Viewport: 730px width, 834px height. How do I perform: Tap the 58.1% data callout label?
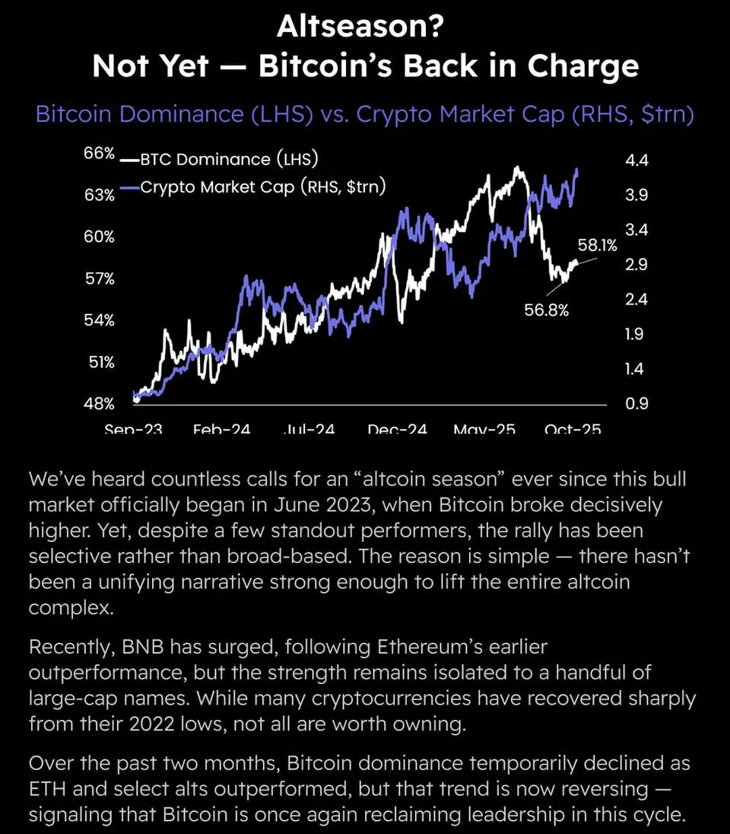(598, 245)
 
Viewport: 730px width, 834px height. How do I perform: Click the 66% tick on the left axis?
(99, 154)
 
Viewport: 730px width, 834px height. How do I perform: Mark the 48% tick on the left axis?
(99, 403)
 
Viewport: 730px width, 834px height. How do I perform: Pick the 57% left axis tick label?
(99, 279)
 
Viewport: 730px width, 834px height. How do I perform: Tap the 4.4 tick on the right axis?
(636, 161)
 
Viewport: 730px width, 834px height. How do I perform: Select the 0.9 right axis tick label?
(636, 403)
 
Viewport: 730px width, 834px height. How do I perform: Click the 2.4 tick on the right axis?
(636, 300)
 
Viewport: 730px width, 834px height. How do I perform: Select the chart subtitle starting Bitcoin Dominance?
(365, 114)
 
